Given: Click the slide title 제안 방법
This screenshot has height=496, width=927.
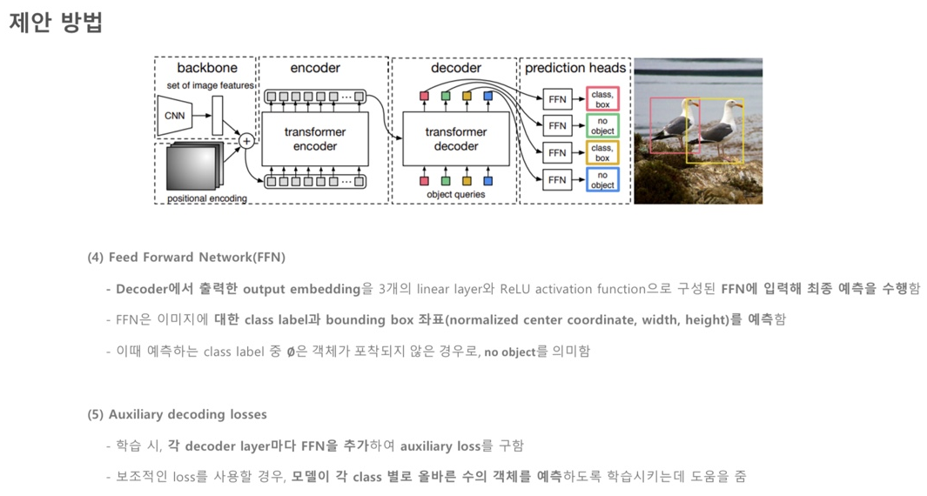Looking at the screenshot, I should pos(56,23).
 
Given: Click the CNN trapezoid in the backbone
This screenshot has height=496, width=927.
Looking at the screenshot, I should pos(175,116).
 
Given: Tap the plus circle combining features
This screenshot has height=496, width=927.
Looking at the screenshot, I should pos(246,140).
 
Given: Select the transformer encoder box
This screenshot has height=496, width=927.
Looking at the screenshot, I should pos(314,139).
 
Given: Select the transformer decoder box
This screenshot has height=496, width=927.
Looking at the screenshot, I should pos(456,139).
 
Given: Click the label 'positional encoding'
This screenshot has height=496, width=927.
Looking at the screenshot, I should pos(206,198).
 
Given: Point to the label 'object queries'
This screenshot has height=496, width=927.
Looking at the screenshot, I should pos(455,195).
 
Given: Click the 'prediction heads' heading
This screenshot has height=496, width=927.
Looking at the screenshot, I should pos(575,68).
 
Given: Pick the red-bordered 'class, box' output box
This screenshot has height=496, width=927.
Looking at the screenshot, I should pos(601,98).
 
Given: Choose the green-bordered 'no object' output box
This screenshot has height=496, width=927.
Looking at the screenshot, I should pos(601,126).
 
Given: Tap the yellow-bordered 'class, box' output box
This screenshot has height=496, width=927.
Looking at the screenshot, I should pos(601,153).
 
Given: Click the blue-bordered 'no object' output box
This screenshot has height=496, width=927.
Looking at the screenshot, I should pos(601,180).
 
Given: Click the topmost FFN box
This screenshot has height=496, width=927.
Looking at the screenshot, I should pos(557,98).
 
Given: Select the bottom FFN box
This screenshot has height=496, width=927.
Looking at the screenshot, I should pos(557,180).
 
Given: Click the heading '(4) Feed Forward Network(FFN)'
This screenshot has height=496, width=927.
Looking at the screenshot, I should pos(186,258).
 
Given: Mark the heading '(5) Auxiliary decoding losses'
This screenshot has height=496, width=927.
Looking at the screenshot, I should pos(177,414).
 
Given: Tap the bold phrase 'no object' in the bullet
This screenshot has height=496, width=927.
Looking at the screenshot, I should pos(509,352).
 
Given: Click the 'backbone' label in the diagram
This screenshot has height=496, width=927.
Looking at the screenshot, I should pos(206,68).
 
